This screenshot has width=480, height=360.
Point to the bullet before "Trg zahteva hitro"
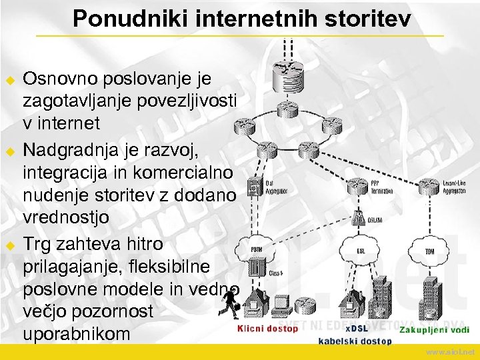[10, 245]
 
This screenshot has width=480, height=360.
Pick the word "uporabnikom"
[77, 333]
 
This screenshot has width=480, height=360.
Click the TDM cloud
[429, 251]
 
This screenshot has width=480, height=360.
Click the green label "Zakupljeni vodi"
[434, 330]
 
